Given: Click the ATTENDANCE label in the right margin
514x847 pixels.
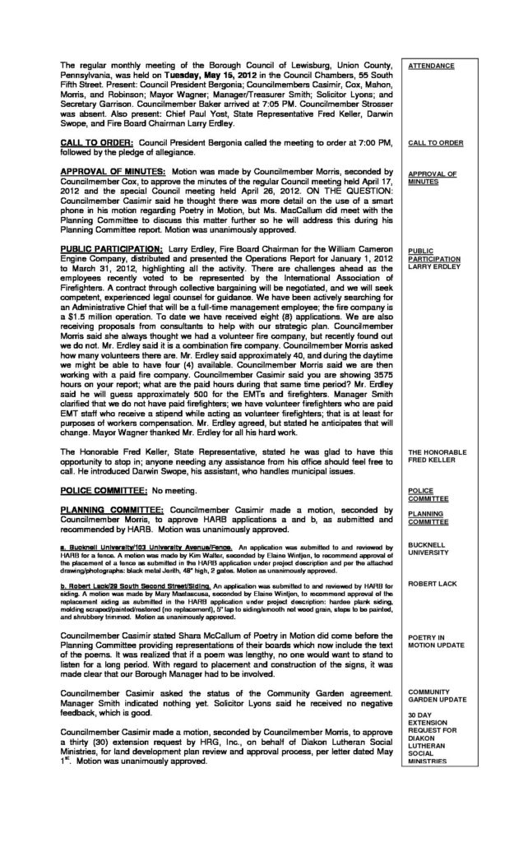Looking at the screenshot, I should tap(430, 64).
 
